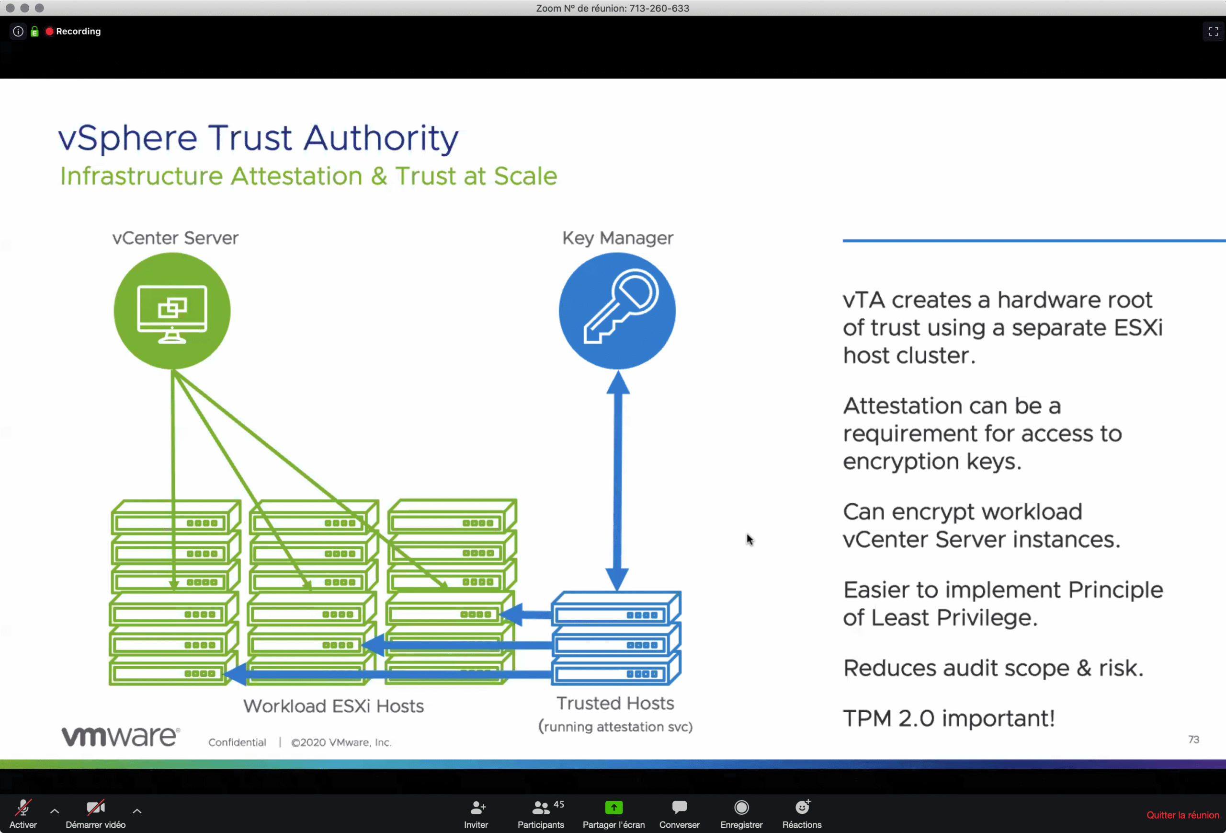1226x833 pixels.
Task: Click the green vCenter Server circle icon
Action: tap(172, 311)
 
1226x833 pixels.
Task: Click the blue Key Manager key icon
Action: tap(617, 311)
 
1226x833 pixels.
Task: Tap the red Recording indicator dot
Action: tap(50, 32)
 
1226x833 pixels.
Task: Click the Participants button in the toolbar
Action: tap(540, 813)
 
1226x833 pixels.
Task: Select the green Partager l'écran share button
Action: tap(613, 808)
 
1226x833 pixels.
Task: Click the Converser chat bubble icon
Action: tap(679, 807)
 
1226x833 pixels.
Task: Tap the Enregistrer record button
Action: tap(741, 808)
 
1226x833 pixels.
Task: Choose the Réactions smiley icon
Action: tap(802, 807)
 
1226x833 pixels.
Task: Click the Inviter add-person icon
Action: tap(477, 807)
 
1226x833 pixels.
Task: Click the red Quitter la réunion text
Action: tap(1182, 815)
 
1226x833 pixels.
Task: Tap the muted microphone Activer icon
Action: tap(23, 808)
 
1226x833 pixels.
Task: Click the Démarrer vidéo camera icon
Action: tap(95, 808)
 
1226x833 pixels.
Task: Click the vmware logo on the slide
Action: tap(121, 736)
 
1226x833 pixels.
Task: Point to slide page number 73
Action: tap(1193, 740)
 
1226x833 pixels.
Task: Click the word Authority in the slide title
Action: tap(381, 139)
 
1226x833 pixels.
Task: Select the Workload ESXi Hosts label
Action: tap(333, 706)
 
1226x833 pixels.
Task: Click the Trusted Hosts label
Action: tap(615, 704)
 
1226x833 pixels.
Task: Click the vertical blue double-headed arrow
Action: tap(617, 480)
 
